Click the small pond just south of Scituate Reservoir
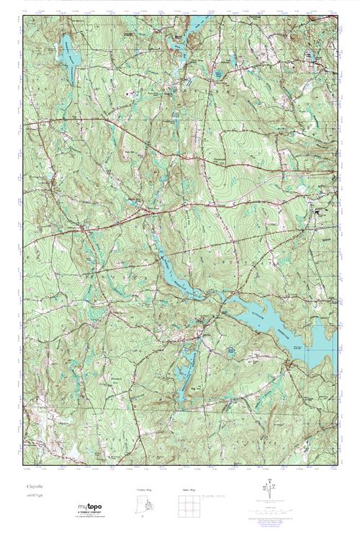(x=231, y=350)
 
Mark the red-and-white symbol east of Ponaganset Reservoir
(x=129, y=93)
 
